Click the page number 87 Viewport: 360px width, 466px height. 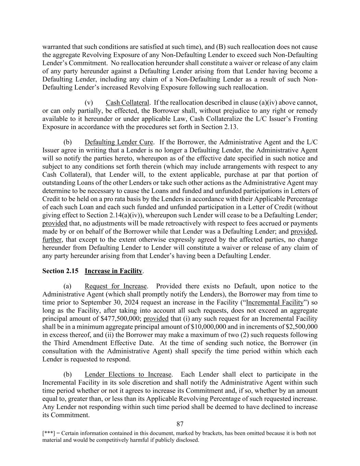(x=180, y=424)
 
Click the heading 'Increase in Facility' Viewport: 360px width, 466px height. (x=113, y=271)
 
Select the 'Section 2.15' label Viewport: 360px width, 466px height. (x=60, y=271)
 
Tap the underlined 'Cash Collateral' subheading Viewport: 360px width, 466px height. (x=127, y=103)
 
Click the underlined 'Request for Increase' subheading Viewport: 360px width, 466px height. (x=116, y=286)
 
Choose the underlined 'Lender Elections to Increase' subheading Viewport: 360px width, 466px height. (x=128, y=375)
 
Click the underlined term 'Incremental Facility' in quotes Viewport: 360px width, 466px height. (x=275, y=302)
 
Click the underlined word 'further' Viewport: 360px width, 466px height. (x=52, y=240)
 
